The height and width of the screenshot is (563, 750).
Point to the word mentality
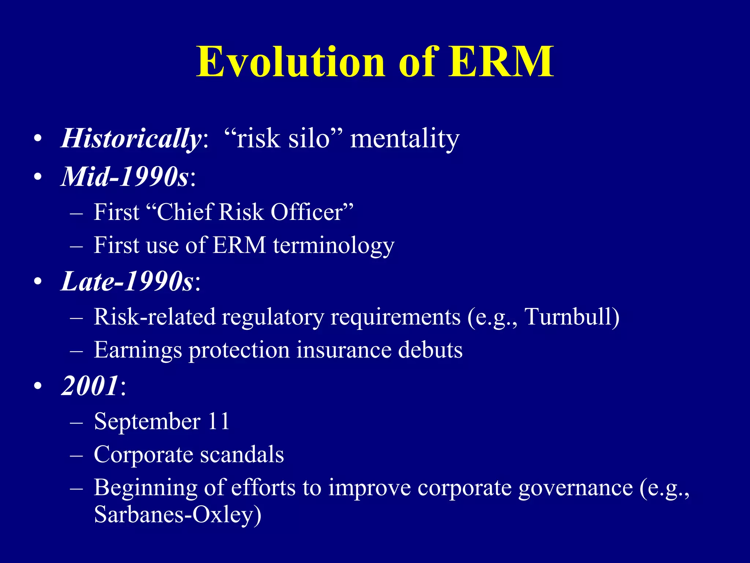click(x=405, y=139)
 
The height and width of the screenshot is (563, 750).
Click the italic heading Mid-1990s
click(x=125, y=177)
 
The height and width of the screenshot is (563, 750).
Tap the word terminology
click(x=334, y=246)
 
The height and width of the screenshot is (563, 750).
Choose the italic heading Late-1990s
click(x=127, y=281)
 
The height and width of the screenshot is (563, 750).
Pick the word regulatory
click(x=273, y=317)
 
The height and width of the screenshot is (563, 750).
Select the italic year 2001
click(x=90, y=386)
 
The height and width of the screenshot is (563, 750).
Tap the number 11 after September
click(x=219, y=421)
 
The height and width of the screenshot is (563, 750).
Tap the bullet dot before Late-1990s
click(x=38, y=282)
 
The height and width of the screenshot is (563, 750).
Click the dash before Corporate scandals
click(x=77, y=455)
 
